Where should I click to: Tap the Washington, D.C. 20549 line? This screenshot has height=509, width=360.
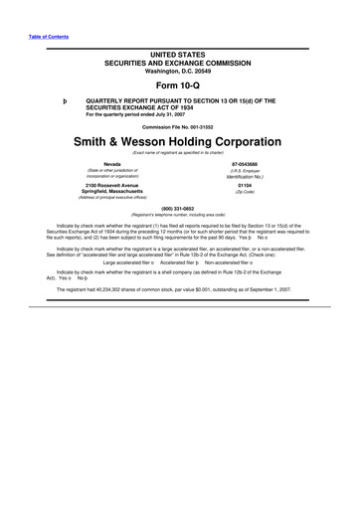[180, 70]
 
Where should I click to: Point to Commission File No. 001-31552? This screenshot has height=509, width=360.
[180, 126]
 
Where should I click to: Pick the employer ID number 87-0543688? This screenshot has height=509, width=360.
[246, 164]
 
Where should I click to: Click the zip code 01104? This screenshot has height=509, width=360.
[246, 185]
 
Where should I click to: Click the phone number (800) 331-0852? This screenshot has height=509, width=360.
[180, 207]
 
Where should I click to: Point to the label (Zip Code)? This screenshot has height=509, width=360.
[246, 192]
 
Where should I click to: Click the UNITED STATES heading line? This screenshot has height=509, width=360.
[180, 50]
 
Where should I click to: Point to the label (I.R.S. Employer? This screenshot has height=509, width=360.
[246, 171]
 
